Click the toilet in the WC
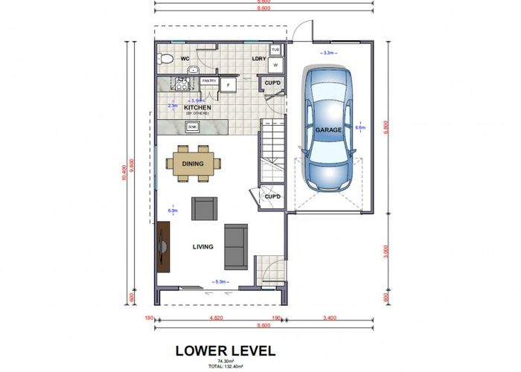[x=167, y=58]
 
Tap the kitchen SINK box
[x=192, y=127]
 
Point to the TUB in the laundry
[x=275, y=51]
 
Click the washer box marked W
[x=275, y=64]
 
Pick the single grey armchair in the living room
[x=204, y=208]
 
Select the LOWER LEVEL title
[x=225, y=350]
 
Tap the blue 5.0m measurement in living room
[x=220, y=282]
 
